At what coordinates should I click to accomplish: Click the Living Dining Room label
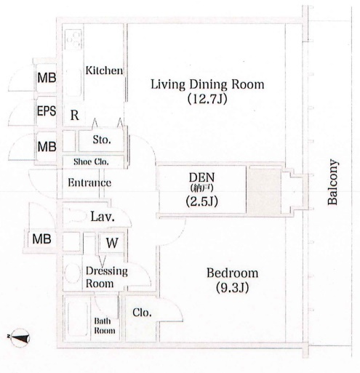point(207,84)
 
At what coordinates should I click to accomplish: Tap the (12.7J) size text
point(207,99)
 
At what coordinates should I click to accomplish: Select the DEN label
point(201,177)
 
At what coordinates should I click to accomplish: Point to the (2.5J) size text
point(201,201)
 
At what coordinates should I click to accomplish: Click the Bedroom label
point(232,273)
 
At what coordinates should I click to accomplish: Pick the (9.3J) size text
point(232,288)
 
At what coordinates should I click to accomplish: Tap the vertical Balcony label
point(332,182)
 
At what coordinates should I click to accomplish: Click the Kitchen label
point(104,71)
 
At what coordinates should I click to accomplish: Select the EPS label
point(47,111)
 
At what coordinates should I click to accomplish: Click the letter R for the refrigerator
point(74,116)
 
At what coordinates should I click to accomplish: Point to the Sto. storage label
point(102,140)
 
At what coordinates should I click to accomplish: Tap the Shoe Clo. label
point(91,161)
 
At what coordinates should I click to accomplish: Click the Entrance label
point(89,183)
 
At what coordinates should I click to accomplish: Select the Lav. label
point(103,217)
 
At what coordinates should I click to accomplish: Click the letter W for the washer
point(112,243)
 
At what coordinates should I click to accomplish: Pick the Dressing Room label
point(107,277)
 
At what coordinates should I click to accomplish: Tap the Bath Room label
point(105,326)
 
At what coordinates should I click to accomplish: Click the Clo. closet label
point(142,313)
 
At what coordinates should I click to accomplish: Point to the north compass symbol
point(19,337)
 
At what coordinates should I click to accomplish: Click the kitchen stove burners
point(73,39)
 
